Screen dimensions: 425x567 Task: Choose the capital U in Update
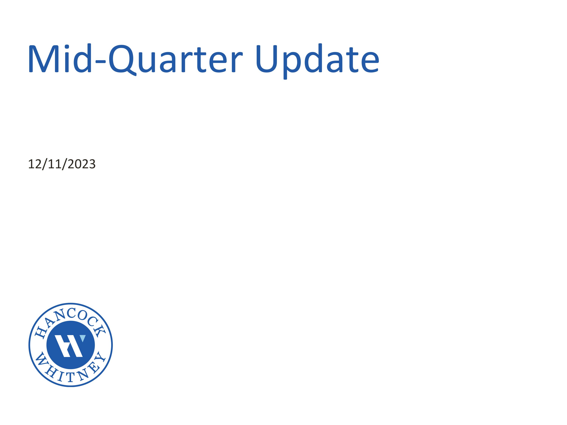pos(266,59)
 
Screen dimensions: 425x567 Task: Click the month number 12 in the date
pos(35,164)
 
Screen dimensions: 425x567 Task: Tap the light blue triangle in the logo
pos(83,338)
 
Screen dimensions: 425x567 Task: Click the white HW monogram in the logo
pos(69,346)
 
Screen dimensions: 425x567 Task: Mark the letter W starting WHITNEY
pos(41,359)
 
